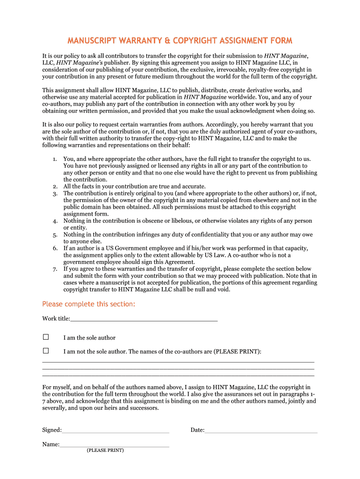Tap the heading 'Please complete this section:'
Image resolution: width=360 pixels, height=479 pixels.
88,304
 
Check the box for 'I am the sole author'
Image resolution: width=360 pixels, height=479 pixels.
46,337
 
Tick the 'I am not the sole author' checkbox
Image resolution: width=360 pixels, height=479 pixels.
46,351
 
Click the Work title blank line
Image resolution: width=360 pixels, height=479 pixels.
144,320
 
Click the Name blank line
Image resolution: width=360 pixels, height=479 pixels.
114,446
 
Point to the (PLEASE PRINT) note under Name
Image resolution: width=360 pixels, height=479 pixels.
105,450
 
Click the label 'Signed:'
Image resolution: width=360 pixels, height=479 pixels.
51,430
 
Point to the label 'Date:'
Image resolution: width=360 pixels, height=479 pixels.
197,430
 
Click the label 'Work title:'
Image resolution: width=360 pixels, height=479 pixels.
56,319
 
